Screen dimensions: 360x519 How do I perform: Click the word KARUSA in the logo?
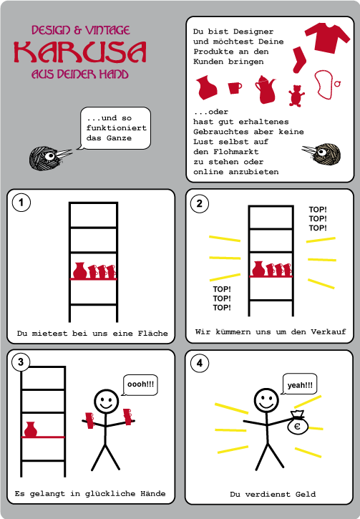pos(79,52)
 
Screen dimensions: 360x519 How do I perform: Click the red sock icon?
pos(299,59)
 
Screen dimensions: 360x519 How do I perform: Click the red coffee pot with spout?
pos(266,89)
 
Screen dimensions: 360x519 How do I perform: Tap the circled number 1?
pos(21,203)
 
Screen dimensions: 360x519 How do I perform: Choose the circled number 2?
pos(199,203)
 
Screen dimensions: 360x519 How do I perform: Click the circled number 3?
pos(21,362)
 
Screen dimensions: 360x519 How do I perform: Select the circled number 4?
pos(200,363)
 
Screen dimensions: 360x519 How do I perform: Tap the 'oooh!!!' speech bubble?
pos(140,384)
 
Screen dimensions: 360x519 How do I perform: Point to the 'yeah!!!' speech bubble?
pos(299,384)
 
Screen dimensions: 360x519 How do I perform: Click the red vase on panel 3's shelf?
pos(31,430)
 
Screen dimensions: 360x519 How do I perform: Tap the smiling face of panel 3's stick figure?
pos(106,402)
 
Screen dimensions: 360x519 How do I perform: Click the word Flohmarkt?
pos(236,152)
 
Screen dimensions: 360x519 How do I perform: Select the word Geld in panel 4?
pos(306,494)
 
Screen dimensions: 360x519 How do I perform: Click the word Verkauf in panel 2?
pos(329,331)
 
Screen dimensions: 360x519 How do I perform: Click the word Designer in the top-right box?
pos(253,31)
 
